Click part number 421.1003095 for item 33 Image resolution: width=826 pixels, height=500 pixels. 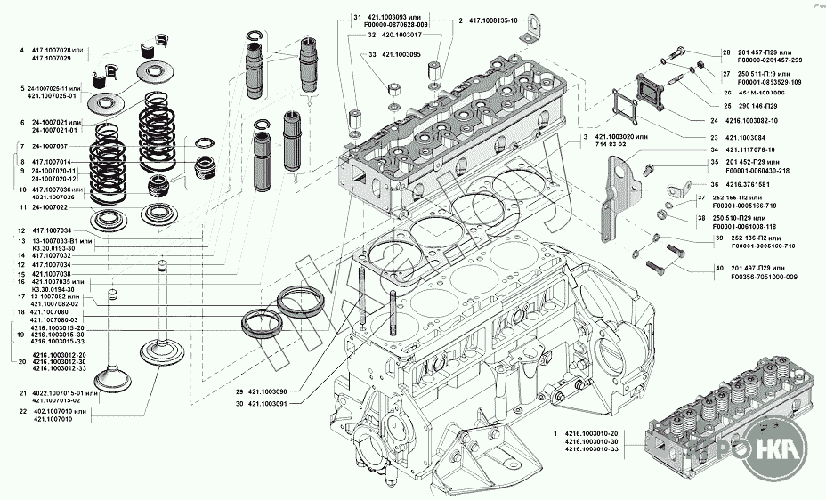(401, 54)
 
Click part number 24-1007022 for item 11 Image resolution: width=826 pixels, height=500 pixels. (50, 207)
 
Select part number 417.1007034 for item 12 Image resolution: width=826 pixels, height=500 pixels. (50, 230)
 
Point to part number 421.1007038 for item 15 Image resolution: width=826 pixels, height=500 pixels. (50, 274)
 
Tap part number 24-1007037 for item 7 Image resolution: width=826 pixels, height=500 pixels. (50, 146)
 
